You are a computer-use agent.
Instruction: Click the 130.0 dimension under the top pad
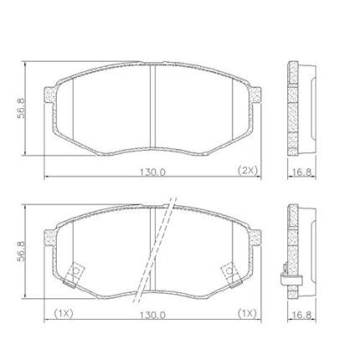[x=152, y=172]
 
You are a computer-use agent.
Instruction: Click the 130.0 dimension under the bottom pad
[x=152, y=316]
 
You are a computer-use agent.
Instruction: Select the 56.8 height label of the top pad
[x=21, y=108]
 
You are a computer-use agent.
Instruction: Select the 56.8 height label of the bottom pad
[x=21, y=251]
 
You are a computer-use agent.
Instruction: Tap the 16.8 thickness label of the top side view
[x=301, y=172]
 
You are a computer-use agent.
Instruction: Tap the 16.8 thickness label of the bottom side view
[x=301, y=316]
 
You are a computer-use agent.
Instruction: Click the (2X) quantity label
[x=247, y=171]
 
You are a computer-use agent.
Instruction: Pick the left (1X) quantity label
[x=63, y=314]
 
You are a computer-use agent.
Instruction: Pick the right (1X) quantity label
[x=247, y=314]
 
